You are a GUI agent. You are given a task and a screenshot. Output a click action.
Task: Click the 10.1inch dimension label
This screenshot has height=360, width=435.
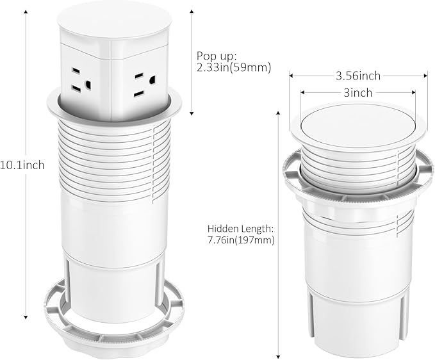click(22, 165)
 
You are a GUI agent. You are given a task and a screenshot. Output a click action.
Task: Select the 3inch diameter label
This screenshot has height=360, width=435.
click(357, 93)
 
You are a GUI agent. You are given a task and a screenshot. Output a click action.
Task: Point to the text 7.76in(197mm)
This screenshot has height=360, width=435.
click(241, 240)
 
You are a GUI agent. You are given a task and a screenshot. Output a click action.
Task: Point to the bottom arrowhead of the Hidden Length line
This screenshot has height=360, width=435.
click(279, 356)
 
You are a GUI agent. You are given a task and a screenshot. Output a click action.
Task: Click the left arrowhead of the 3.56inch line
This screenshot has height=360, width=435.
click(291, 76)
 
